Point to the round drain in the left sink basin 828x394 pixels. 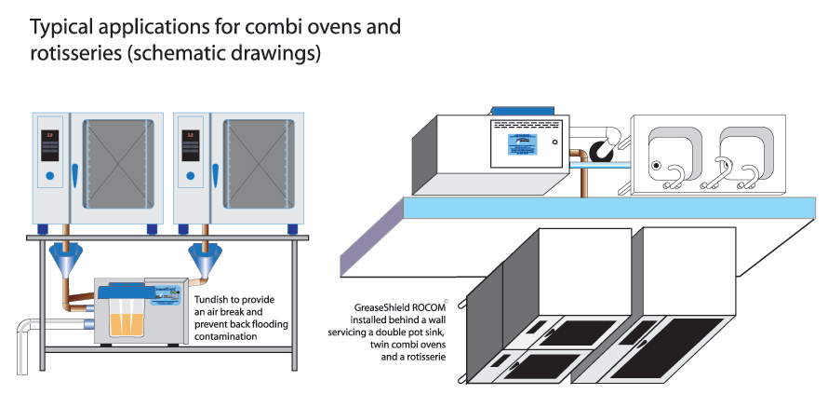tap(656, 166)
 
